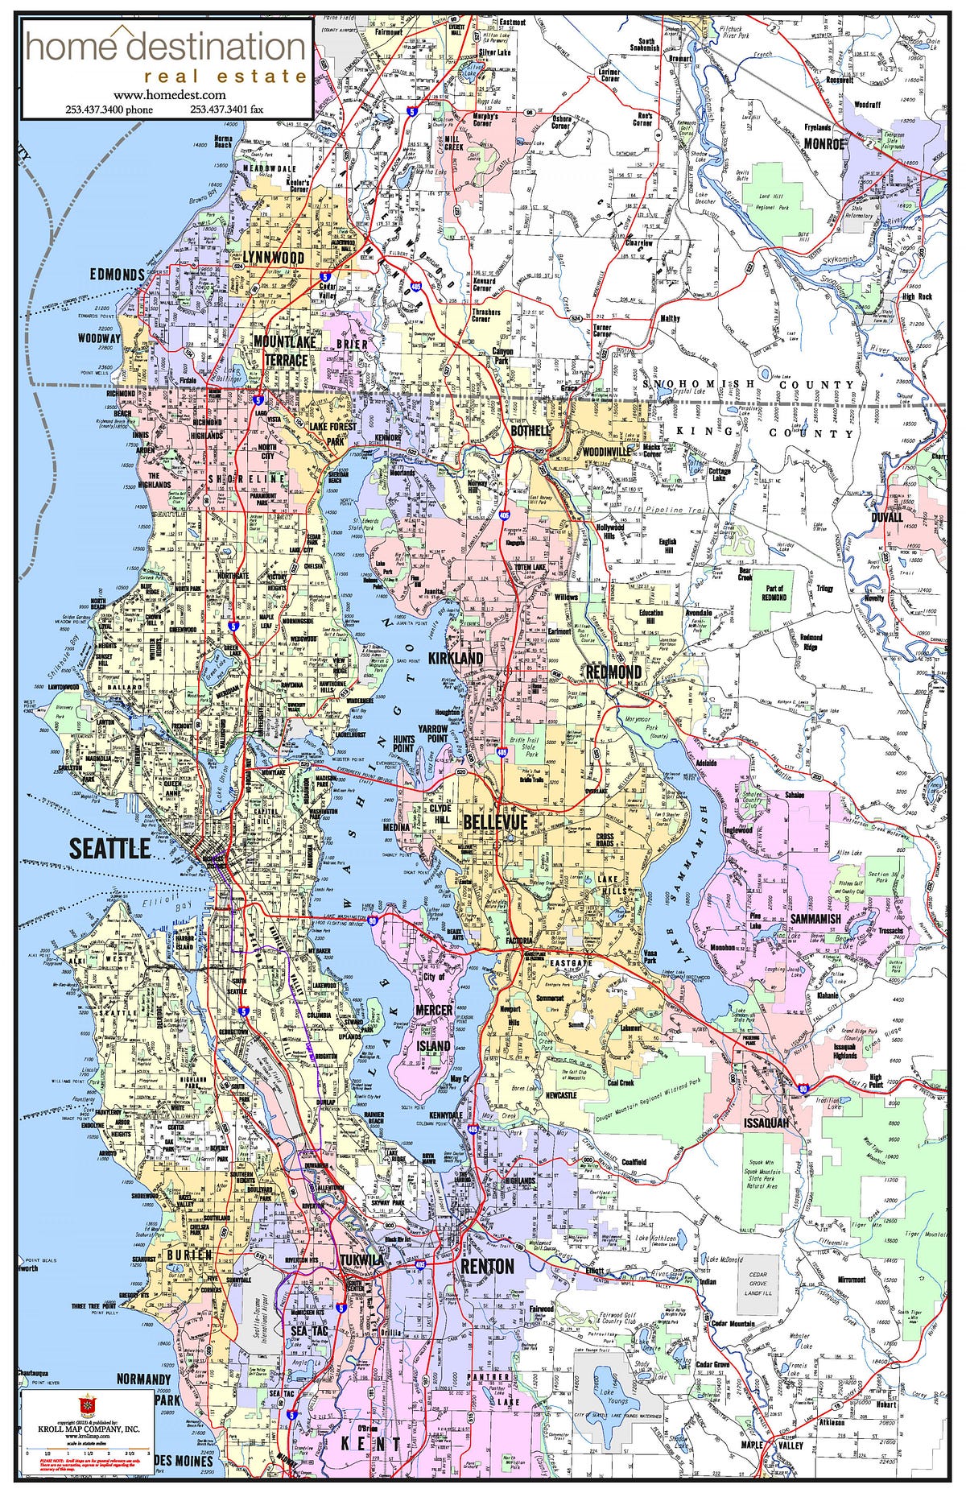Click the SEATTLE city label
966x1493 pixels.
(109, 847)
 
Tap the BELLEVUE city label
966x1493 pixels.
(495, 822)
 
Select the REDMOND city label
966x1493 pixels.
(613, 672)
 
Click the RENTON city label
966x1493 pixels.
(487, 1266)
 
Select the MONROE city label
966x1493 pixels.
(824, 143)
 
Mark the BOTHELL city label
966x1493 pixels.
(530, 431)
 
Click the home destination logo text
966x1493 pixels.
(165, 48)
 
